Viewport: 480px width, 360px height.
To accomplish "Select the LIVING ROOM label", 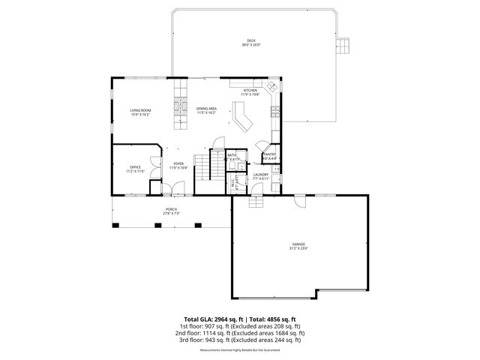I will [x=140, y=110].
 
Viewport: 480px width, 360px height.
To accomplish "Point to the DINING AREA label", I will [x=207, y=109].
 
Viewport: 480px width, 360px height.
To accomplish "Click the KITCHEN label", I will [x=250, y=91].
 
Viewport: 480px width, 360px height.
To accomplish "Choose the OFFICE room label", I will [x=135, y=167].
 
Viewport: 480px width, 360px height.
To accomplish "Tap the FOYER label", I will [x=178, y=163].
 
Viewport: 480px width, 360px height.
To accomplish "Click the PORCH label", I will [x=172, y=209].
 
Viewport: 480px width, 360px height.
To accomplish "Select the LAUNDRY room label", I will [x=260, y=174].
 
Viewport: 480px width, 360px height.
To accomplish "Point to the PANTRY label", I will [x=270, y=154].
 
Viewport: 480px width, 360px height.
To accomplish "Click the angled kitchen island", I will [x=242, y=118].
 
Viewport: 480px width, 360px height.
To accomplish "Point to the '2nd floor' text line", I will [x=239, y=332].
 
